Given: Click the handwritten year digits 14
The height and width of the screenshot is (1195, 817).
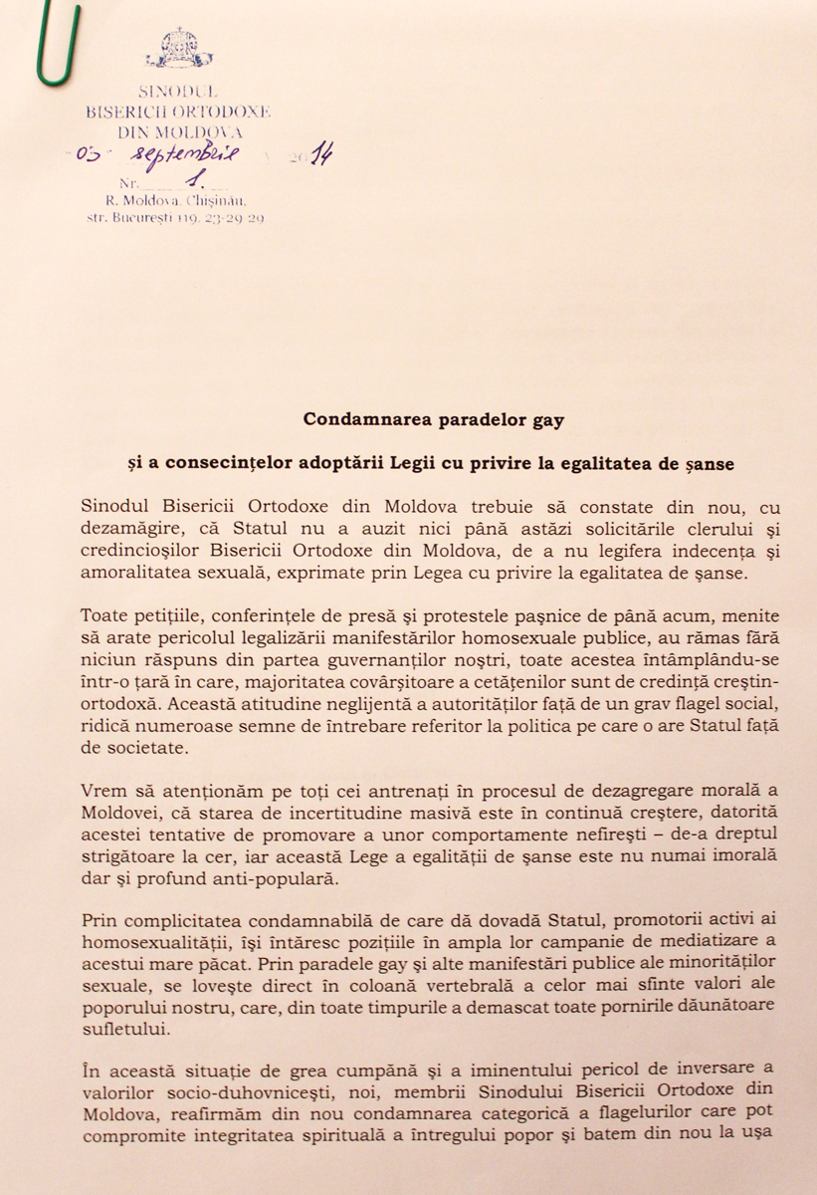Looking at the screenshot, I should pos(319,154).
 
